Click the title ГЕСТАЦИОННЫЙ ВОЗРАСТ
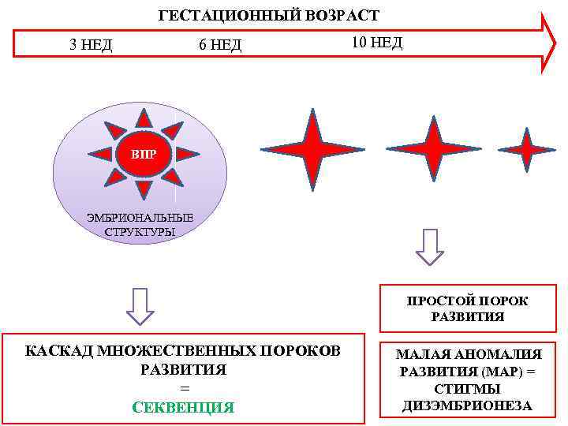click(x=269, y=15)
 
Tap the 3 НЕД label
click(x=91, y=45)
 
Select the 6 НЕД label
click(x=220, y=45)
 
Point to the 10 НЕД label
click(x=376, y=42)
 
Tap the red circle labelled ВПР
click(x=143, y=154)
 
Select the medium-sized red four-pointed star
click(x=432, y=148)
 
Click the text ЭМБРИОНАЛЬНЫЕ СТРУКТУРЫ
click(x=140, y=225)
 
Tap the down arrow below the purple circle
click(x=140, y=306)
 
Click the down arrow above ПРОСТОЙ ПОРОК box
click(x=430, y=246)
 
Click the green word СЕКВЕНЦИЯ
click(x=183, y=407)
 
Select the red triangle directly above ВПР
click(x=144, y=119)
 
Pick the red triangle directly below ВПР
click(x=144, y=189)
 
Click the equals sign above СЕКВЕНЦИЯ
click(x=184, y=388)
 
